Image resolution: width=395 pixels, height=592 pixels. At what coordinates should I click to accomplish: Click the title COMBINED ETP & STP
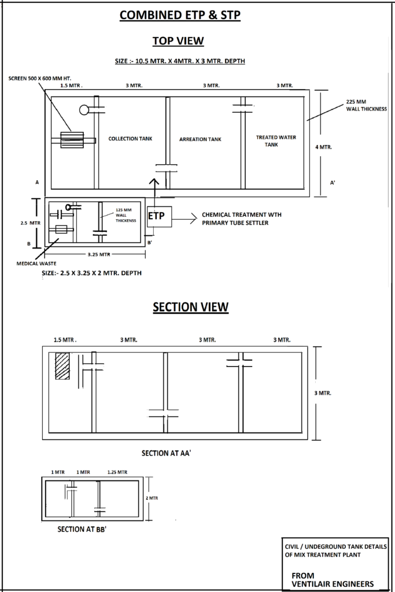coord(180,16)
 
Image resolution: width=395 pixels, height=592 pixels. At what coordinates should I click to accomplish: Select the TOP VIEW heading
coord(178,41)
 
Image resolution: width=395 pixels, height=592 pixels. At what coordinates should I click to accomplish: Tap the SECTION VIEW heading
coord(190,307)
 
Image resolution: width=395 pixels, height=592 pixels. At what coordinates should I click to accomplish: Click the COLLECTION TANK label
coord(131,139)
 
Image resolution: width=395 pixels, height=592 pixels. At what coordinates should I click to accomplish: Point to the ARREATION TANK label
coord(200,139)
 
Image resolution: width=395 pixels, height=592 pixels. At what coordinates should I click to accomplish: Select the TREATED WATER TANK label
coord(276,141)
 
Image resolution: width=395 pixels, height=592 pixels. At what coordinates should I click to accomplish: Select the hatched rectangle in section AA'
coord(62,366)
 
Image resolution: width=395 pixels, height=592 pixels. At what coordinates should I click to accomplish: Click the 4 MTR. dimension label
coord(323,147)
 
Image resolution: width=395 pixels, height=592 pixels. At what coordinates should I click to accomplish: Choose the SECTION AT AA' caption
coord(167,453)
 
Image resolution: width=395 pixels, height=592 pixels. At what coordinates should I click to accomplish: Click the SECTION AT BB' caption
coord(82,529)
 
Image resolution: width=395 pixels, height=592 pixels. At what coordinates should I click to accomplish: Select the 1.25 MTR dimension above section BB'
coord(117,472)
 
